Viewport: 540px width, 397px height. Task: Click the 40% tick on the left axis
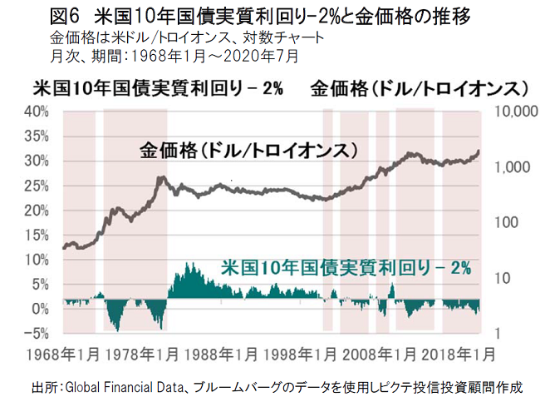pyautogui.click(x=38, y=112)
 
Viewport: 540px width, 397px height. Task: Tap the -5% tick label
pyautogui.click(x=38, y=334)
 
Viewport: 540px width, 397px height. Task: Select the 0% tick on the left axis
pyautogui.click(x=43, y=309)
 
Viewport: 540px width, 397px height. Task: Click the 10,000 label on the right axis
pyautogui.click(x=516, y=112)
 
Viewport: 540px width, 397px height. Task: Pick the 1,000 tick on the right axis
pyautogui.click(x=512, y=167)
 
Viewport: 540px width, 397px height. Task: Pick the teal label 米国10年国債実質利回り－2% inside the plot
pyautogui.click(x=346, y=268)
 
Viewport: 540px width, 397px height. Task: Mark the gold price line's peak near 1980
pyautogui.click(x=160, y=177)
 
